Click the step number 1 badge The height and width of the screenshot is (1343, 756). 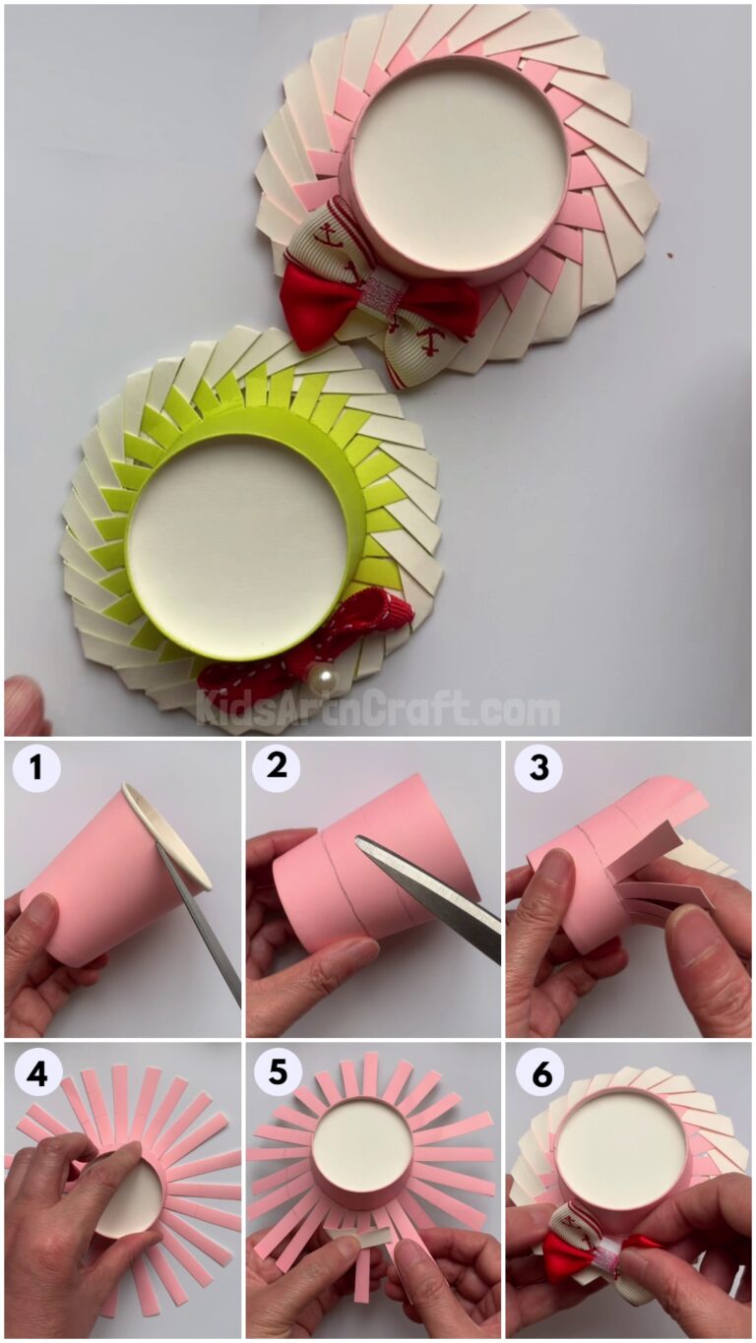coord(36,767)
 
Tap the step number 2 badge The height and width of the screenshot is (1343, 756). coord(276,767)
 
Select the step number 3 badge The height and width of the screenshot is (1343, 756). coord(538,767)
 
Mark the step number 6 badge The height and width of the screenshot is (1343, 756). coord(540,1074)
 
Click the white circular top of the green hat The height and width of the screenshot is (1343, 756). coord(236,546)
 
